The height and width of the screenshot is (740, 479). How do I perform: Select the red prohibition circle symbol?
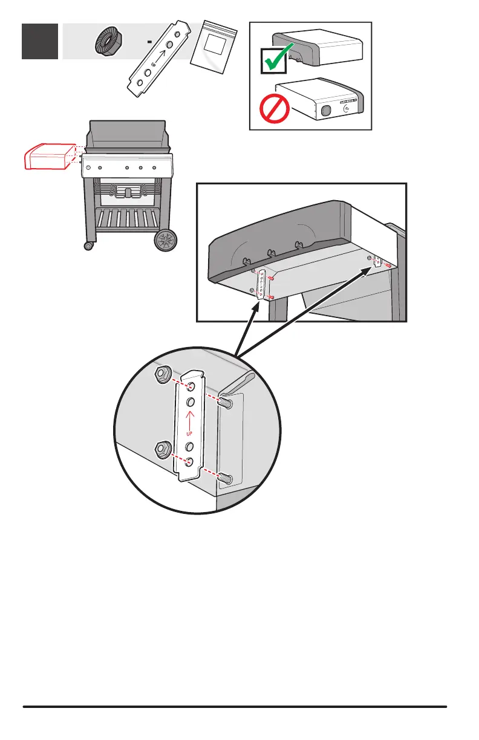[272, 111]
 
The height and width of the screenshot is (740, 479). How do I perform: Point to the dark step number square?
[40, 41]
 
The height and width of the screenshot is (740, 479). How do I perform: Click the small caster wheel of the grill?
[89, 246]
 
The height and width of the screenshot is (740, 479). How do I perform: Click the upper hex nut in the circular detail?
[162, 375]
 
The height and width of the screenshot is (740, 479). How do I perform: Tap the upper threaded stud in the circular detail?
[227, 402]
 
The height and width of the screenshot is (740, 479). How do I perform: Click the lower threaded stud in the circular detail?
[227, 479]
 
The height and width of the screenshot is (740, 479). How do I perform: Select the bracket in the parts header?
[157, 60]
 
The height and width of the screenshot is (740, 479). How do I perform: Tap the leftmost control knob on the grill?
[90, 167]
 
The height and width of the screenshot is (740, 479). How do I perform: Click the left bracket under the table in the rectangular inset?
[262, 284]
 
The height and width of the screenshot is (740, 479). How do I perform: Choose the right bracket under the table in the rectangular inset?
[378, 261]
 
